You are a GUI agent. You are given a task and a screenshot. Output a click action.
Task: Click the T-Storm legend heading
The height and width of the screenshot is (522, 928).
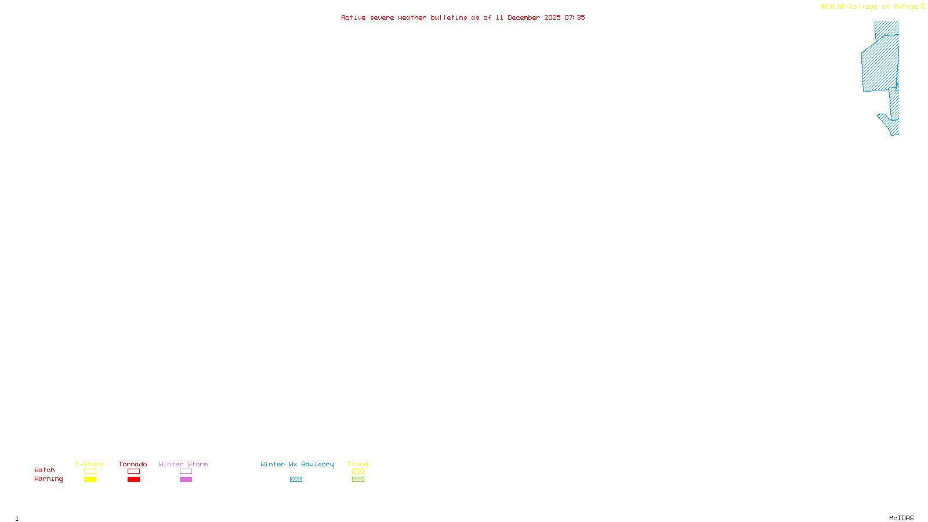tap(89, 464)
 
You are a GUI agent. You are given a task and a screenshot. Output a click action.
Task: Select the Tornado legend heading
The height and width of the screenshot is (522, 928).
tap(133, 464)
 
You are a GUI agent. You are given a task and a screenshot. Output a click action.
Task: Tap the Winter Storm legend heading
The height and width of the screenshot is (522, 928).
tap(183, 464)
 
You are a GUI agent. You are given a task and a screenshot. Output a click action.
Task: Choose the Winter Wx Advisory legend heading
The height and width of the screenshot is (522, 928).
tap(297, 464)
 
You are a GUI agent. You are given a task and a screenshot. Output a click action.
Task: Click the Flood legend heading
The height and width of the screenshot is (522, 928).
tap(358, 464)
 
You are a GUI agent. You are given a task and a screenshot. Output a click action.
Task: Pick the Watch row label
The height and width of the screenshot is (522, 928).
tap(45, 470)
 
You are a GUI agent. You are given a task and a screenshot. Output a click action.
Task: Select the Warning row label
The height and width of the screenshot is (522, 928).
tap(48, 479)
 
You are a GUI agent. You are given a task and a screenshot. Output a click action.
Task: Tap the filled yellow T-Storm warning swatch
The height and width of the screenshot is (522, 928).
tap(90, 480)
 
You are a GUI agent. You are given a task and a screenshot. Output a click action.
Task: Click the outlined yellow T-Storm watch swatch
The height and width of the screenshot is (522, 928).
tap(90, 472)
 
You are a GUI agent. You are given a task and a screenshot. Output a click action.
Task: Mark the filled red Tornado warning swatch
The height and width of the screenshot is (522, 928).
tap(134, 480)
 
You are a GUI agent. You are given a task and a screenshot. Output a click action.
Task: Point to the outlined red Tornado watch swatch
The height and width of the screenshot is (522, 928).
tap(134, 472)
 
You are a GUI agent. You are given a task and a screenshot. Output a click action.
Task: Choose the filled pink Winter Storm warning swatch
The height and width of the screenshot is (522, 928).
tap(186, 480)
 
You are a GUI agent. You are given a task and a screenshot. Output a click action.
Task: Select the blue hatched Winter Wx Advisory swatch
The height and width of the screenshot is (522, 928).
tap(296, 480)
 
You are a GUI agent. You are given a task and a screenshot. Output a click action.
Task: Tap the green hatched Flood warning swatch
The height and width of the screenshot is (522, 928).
tap(358, 480)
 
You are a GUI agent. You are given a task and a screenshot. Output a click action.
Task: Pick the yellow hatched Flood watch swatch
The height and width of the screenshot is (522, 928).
tap(358, 472)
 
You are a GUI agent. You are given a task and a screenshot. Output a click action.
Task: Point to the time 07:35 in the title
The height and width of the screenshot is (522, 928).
tap(575, 17)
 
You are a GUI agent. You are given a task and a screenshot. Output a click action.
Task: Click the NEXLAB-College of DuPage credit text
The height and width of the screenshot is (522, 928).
tap(869, 7)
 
